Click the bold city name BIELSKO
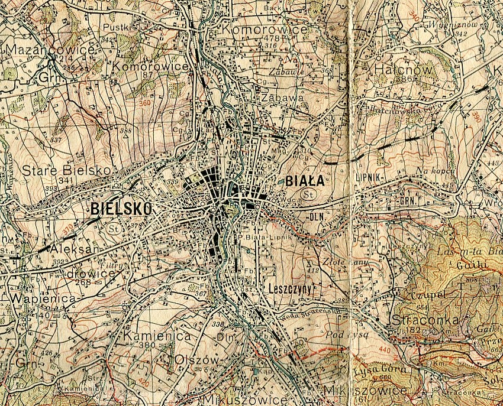121,208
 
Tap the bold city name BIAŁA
305,180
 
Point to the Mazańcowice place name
50,50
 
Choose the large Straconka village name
421,320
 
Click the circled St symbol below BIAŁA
307,194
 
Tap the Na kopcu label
435,171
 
